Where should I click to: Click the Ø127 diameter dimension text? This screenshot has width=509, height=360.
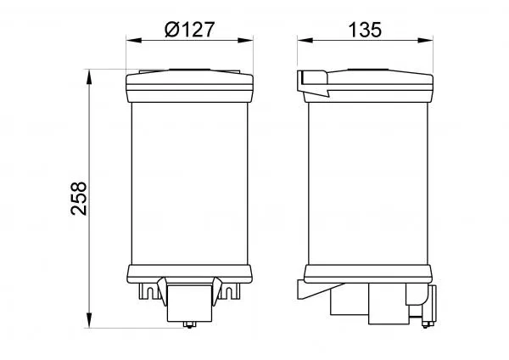[189, 30]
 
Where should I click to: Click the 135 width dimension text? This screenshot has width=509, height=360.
[365, 30]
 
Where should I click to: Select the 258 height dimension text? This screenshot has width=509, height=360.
[79, 198]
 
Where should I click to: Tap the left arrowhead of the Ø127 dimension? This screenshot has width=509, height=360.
[134, 40]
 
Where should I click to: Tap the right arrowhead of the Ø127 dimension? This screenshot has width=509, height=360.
[245, 40]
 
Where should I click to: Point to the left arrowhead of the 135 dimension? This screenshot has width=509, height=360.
[305, 40]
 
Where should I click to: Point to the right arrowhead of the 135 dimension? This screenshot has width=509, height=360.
[425, 40]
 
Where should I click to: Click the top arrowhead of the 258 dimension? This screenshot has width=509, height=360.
[89, 76]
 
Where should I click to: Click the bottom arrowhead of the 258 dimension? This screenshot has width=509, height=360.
[89, 320]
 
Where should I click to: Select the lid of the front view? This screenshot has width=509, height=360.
[189, 86]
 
